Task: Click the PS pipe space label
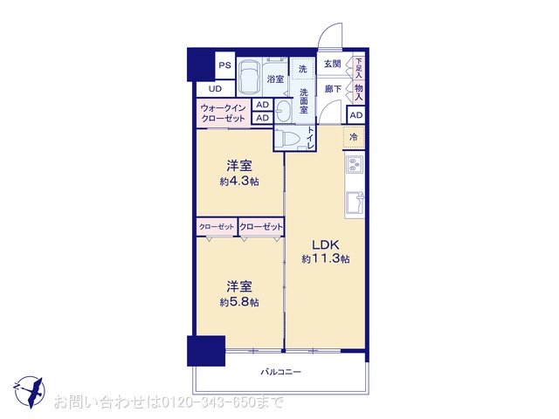225,65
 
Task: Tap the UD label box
216,89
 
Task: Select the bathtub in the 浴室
249,77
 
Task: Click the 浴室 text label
276,79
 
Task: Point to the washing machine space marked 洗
303,68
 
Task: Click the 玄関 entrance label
332,64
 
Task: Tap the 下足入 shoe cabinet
358,68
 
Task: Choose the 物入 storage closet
359,91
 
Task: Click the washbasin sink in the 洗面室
283,111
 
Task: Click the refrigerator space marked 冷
354,137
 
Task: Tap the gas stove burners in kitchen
355,164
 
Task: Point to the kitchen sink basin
355,203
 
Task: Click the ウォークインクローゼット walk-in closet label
224,113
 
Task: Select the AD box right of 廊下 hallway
356,115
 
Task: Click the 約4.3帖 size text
239,182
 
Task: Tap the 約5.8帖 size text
239,303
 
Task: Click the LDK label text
326,244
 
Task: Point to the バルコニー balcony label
281,373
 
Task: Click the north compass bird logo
30,391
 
